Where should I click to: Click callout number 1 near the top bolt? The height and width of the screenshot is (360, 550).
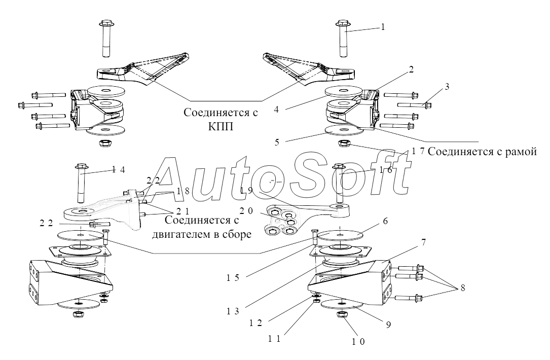(x=383, y=27)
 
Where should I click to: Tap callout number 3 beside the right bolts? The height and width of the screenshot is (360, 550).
(x=447, y=87)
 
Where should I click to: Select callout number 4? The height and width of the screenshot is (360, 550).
(x=276, y=110)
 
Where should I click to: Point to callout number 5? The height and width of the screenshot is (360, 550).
(x=277, y=142)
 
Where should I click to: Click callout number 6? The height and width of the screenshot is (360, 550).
(x=385, y=221)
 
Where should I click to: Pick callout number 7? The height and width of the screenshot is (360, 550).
(x=423, y=242)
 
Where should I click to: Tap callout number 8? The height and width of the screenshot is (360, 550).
(x=463, y=287)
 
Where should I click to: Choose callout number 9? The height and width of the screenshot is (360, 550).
(x=388, y=325)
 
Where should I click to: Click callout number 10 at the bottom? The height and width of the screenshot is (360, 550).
(x=358, y=341)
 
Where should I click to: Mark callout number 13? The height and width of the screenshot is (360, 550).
(x=233, y=311)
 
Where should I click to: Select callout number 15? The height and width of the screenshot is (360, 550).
(x=233, y=277)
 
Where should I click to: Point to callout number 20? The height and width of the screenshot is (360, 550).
(x=246, y=211)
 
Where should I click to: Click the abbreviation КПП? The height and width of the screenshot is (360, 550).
(x=221, y=126)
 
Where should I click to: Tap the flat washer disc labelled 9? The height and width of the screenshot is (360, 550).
(x=341, y=304)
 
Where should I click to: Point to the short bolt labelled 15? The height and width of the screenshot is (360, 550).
(x=314, y=237)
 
